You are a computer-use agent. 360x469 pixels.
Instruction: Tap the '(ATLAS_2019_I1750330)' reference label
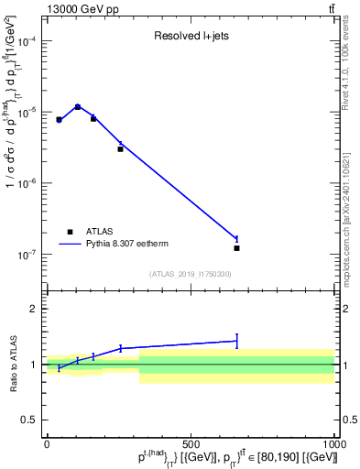click(x=191, y=274)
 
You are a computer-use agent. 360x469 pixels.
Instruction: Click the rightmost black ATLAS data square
click(x=236, y=248)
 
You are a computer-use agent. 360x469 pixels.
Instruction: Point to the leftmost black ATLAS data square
click(x=59, y=119)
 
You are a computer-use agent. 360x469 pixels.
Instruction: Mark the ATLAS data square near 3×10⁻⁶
click(x=120, y=148)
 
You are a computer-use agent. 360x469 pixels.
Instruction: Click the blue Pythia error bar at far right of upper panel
click(x=236, y=239)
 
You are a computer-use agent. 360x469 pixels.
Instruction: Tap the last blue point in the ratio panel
click(x=236, y=341)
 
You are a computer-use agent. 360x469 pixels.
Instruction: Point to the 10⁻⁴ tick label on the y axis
click(x=28, y=41)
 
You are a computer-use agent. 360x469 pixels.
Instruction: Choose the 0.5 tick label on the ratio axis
click(x=30, y=420)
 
